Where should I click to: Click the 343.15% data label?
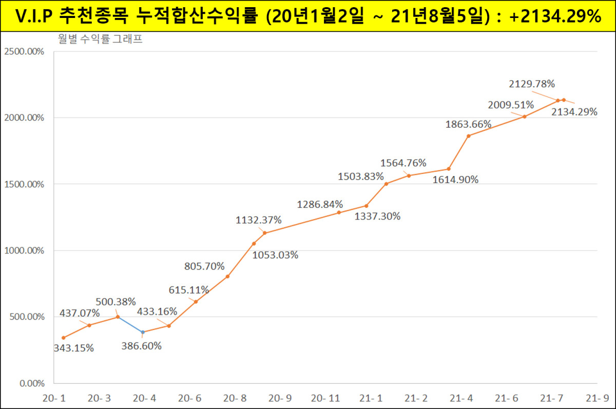73,348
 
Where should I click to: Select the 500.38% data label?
115,301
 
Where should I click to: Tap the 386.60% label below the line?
141,346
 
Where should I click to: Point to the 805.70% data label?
204,266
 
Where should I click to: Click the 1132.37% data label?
259,220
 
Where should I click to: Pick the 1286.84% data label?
320,205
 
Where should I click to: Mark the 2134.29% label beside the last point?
574,111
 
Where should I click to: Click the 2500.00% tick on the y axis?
24,52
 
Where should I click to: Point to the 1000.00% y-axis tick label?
24,251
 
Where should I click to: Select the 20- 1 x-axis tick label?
54,398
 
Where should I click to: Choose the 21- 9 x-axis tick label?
597,398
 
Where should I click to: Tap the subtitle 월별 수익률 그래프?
101,40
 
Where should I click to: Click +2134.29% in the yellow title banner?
555,16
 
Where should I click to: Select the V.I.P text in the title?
35,16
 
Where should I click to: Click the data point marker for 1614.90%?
449,169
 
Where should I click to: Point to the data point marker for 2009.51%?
524,116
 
